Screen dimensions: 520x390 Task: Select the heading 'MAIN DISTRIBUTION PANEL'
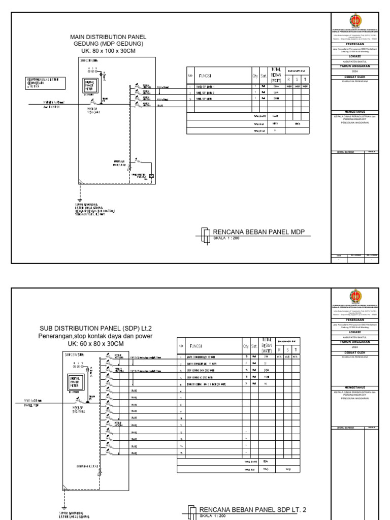click(x=109, y=37)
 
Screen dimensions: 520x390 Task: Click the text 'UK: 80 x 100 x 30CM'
click(x=109, y=51)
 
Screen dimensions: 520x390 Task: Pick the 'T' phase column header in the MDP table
click(x=305, y=79)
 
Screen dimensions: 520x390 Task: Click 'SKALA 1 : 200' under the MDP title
click(x=226, y=238)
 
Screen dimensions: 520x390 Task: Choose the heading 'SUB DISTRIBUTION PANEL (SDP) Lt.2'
click(x=95, y=329)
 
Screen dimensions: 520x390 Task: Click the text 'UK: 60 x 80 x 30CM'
click(x=95, y=344)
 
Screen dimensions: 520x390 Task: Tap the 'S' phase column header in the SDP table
click(x=287, y=349)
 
